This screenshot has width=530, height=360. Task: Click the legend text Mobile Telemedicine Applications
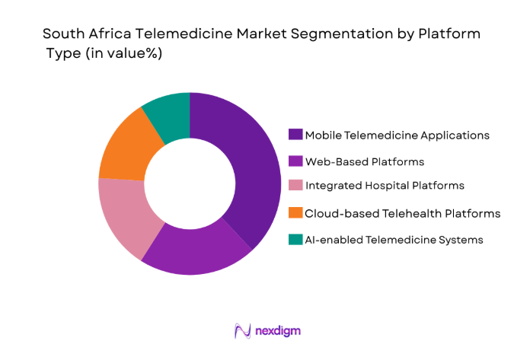pyautogui.click(x=397, y=135)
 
